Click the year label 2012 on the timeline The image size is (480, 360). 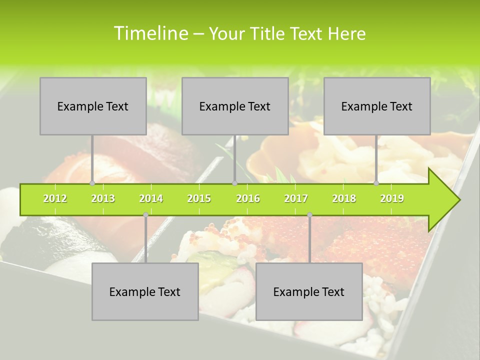[55, 198]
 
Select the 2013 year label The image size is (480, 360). [103, 198]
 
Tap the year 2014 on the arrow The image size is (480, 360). [151, 198]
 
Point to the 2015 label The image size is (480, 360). [199, 198]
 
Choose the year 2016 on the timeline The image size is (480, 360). [248, 198]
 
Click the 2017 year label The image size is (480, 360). [296, 198]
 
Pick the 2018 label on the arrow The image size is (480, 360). [344, 198]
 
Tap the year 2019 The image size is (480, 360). [392, 198]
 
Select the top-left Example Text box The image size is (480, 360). [93, 106]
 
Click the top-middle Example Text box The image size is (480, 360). [235, 106]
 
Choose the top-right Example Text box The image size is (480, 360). [377, 106]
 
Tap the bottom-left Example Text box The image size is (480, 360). [145, 291]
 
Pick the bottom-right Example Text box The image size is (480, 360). [309, 291]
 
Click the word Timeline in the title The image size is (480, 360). [150, 33]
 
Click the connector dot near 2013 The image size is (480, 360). [92, 183]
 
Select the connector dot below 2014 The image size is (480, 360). [145, 215]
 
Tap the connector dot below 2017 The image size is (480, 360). [309, 215]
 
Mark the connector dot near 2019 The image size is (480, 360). [376, 183]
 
